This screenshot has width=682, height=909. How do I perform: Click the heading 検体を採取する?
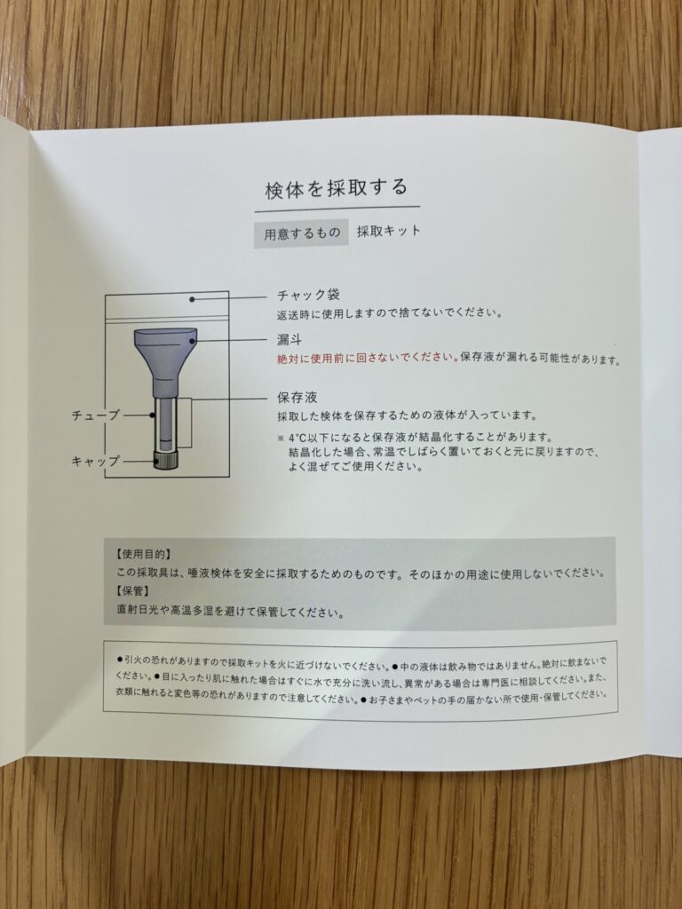[x=337, y=189]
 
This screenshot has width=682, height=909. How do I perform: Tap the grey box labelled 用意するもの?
[x=302, y=233]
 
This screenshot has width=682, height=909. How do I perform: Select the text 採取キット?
[x=389, y=231]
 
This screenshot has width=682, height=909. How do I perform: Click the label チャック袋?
[x=308, y=295]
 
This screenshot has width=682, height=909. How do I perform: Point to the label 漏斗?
[x=289, y=340]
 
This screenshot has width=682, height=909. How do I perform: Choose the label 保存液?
[x=297, y=398]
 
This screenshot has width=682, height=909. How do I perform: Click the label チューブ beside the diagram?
[x=95, y=415]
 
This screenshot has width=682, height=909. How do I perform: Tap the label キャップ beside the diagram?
[x=95, y=462]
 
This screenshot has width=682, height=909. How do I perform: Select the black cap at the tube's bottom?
[x=165, y=459]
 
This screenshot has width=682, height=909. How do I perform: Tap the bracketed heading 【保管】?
[x=133, y=591]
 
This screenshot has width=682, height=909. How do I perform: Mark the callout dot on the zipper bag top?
[x=192, y=299]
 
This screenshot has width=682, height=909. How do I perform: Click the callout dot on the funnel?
[x=192, y=342]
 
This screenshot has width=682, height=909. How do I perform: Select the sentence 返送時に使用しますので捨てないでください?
[x=389, y=313]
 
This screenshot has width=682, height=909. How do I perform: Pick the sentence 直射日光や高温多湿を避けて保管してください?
[x=230, y=611]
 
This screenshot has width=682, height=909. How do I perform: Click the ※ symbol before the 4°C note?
[x=282, y=438]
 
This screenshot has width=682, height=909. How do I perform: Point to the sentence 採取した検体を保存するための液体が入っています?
[x=407, y=415]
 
